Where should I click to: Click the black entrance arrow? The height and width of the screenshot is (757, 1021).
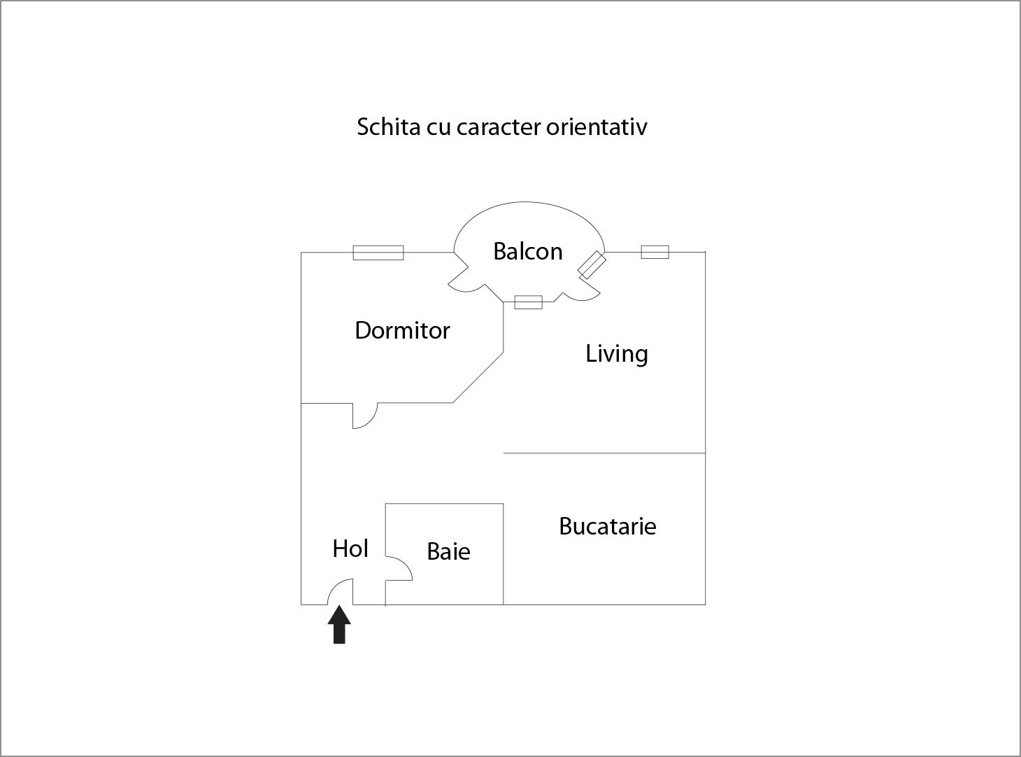(x=339, y=625)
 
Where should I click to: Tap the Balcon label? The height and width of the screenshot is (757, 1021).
(x=528, y=252)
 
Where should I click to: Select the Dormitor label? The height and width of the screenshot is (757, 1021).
(x=402, y=330)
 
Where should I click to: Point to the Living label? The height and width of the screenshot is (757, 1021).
(x=617, y=354)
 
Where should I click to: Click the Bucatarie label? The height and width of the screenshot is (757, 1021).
(x=608, y=526)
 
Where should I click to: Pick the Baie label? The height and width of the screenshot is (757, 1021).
(x=449, y=551)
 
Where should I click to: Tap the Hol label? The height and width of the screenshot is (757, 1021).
(x=350, y=549)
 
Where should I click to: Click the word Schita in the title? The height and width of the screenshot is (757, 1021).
(x=389, y=127)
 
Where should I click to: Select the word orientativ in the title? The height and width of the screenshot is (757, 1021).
(x=597, y=127)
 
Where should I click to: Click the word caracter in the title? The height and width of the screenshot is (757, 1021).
(x=499, y=127)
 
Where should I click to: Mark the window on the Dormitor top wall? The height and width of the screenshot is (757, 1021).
(x=378, y=253)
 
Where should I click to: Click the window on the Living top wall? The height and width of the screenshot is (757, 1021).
(x=655, y=252)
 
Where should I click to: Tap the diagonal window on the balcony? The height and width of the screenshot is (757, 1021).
(x=592, y=265)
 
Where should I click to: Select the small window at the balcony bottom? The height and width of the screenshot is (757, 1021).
(x=529, y=302)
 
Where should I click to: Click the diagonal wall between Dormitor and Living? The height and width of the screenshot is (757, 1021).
(x=478, y=378)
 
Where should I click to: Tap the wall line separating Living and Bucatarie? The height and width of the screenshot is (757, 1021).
(x=604, y=453)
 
